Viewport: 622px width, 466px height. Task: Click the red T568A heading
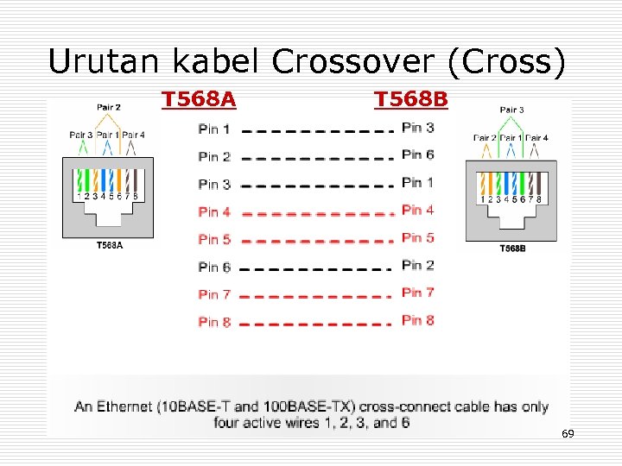coord(199,100)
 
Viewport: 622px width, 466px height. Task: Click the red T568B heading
coord(411,100)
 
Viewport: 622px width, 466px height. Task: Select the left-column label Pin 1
coord(213,129)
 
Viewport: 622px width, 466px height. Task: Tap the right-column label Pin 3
coord(418,128)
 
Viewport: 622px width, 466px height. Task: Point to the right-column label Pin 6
coord(418,154)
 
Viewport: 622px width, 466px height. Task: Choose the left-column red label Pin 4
coord(213,211)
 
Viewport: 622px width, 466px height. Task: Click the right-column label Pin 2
coord(418,265)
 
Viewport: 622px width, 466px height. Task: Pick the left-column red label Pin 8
coord(213,322)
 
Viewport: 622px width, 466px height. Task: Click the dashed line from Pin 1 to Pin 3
coord(312,131)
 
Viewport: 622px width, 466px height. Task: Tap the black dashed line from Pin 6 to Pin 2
coord(312,268)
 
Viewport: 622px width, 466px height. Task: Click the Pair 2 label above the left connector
coord(109,108)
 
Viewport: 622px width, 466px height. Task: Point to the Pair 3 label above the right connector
coord(511,110)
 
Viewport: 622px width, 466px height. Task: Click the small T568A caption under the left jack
coord(109,245)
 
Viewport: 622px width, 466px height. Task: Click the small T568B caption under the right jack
coord(512,249)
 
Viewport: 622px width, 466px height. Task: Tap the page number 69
coord(568,433)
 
